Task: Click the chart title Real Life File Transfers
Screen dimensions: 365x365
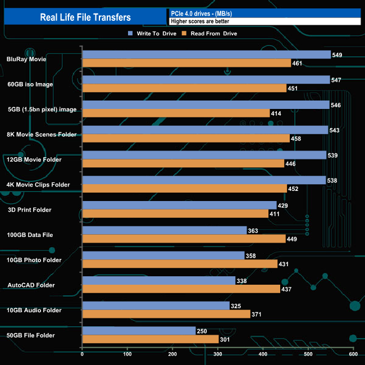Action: (85, 17)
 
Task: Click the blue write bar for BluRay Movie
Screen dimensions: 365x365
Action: (206, 54)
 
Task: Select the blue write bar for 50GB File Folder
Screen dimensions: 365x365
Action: (139, 331)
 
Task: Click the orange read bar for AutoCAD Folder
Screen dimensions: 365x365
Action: (181, 289)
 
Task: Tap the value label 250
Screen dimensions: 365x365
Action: (202, 331)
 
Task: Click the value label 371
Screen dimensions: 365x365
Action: (257, 314)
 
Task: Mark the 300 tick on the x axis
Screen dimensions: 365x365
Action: (218, 354)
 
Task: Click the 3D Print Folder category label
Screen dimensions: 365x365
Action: (29, 210)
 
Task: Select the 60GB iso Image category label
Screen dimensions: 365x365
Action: (30, 84)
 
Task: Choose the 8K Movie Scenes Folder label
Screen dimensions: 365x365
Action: (40, 134)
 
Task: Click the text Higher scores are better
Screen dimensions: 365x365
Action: (200, 21)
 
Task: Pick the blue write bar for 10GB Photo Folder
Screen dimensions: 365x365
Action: (163, 255)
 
